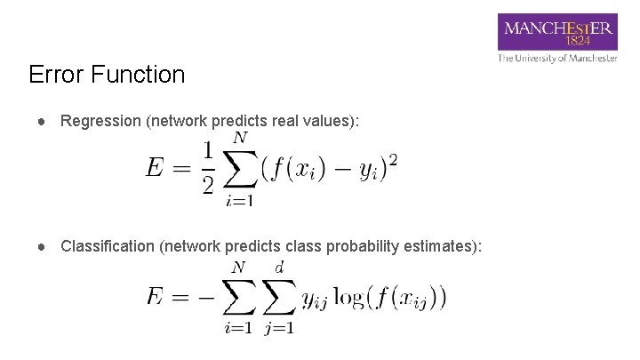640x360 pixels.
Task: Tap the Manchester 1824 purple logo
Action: (558, 33)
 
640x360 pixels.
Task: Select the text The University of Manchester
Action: (557, 59)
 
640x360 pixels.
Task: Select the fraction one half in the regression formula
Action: (208, 169)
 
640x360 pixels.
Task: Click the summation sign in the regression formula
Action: (240, 169)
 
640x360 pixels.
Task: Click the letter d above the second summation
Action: (279, 266)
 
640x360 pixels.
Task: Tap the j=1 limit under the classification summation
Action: (279, 328)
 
